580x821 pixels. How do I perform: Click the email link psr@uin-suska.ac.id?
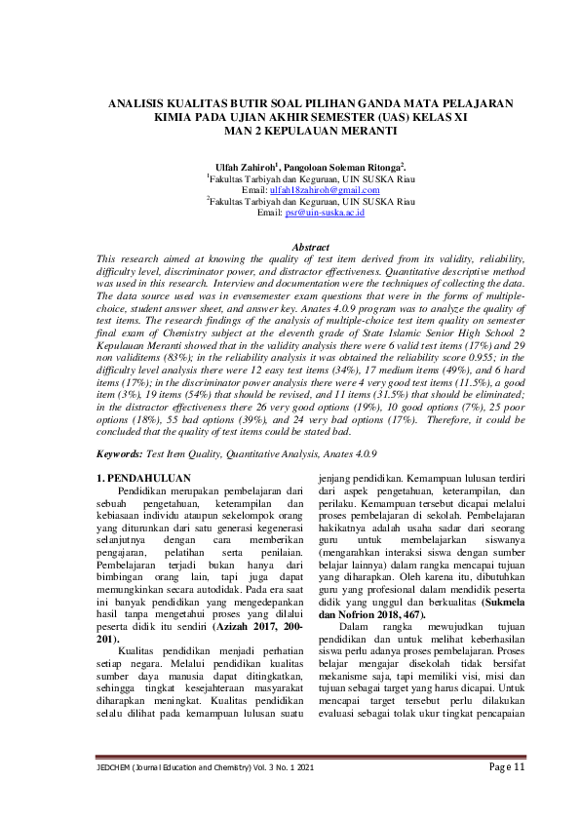coord(325,212)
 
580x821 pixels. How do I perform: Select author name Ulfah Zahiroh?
coord(246,167)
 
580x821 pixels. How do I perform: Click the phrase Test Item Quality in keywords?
coord(181,453)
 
